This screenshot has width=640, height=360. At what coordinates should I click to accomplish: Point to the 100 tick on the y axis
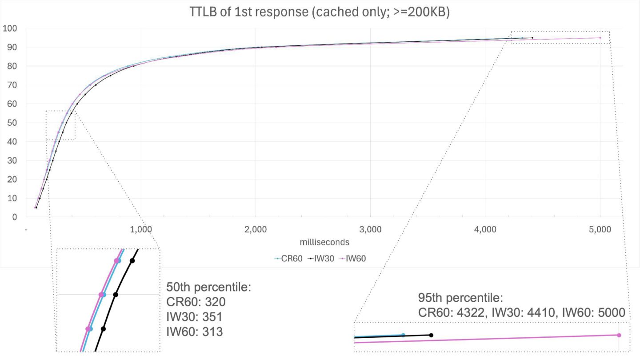pyautogui.click(x=10, y=29)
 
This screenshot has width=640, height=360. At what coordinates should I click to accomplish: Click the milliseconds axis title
pyautogui.click(x=324, y=242)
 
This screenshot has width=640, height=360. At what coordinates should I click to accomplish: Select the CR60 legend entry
pyautogui.click(x=286, y=258)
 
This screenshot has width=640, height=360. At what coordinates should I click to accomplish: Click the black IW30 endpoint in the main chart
pyautogui.click(x=532, y=38)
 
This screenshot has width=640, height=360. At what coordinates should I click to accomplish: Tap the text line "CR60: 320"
pyautogui.click(x=196, y=302)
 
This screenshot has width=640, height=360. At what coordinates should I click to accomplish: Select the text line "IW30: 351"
pyautogui.click(x=194, y=317)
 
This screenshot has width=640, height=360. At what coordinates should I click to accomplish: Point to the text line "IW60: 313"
pyautogui.click(x=194, y=332)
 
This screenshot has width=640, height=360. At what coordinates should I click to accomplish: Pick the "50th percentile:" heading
pyautogui.click(x=209, y=287)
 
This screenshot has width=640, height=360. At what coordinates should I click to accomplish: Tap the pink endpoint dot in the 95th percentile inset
pyautogui.click(x=619, y=335)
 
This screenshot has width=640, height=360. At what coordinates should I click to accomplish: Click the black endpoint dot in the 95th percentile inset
pyautogui.click(x=431, y=335)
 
